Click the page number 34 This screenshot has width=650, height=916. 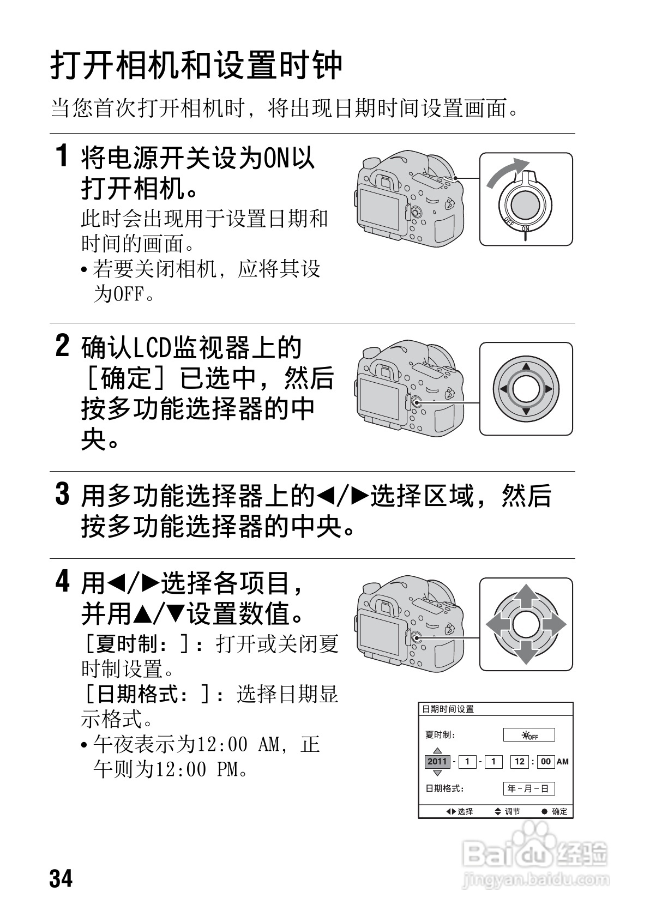(x=61, y=879)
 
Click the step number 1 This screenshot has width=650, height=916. (x=63, y=156)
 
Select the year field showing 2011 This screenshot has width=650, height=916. (x=437, y=762)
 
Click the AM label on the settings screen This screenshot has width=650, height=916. (x=562, y=762)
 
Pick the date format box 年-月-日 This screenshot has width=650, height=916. (x=528, y=788)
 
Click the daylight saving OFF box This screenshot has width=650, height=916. (x=528, y=735)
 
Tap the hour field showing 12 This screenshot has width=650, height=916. (x=519, y=762)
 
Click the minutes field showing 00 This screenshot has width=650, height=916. (x=546, y=762)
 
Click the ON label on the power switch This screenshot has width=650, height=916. (x=525, y=228)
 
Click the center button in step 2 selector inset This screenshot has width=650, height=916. (x=526, y=389)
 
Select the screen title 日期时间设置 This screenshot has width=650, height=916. (x=448, y=709)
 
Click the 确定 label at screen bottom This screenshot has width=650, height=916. (x=559, y=811)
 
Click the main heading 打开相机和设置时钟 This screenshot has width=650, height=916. (x=196, y=65)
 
